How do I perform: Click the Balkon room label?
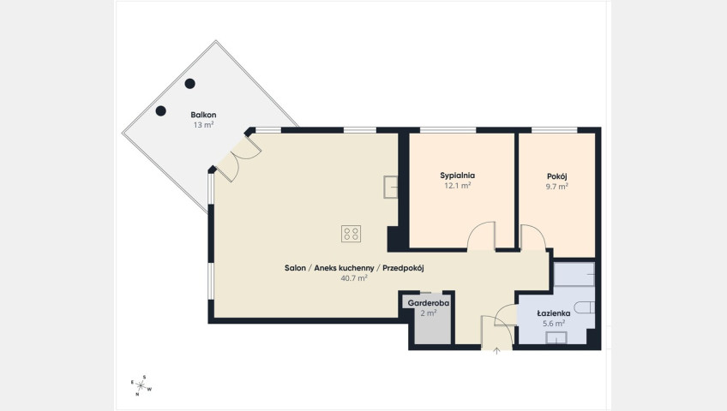click(x=203, y=115)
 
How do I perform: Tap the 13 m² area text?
click(x=203, y=125)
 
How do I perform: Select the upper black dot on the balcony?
click(x=189, y=84)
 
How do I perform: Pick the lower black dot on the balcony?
click(x=161, y=110)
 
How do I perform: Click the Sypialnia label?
click(x=457, y=176)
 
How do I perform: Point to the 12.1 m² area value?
click(x=458, y=186)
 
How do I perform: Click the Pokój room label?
click(x=557, y=176)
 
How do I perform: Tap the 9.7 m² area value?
click(x=557, y=187)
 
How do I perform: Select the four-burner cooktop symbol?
click(x=351, y=234)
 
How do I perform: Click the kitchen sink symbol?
click(x=390, y=188)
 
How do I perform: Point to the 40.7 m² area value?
click(x=354, y=278)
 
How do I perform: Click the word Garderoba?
click(x=429, y=304)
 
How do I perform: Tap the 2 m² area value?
click(x=429, y=313)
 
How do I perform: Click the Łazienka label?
click(x=554, y=313)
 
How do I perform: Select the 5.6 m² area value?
click(x=554, y=324)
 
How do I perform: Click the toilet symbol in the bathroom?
click(x=584, y=307)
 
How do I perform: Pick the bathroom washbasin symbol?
click(x=556, y=338)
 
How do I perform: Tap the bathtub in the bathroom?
click(x=574, y=275)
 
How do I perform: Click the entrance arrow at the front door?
click(x=496, y=351)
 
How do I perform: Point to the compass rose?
click(x=141, y=385)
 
